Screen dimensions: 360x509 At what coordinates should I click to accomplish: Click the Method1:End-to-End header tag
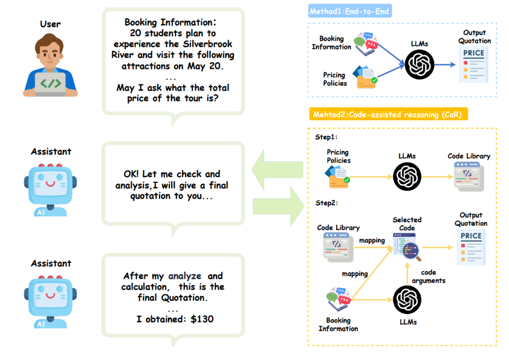tap(349, 11)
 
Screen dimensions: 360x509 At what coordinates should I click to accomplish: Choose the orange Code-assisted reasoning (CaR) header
tap(389, 114)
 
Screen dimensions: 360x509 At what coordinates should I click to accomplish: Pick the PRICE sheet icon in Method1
tap(473, 65)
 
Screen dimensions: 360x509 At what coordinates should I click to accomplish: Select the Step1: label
tap(326, 137)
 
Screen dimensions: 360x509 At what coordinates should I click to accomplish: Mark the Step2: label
tap(326, 204)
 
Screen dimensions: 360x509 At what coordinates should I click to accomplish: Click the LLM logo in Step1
tap(407, 177)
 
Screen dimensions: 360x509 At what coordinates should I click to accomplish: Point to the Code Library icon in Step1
tap(469, 176)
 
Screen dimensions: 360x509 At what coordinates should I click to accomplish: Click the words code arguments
tap(428, 277)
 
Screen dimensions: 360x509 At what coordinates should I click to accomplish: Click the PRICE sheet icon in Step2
tap(471, 248)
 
